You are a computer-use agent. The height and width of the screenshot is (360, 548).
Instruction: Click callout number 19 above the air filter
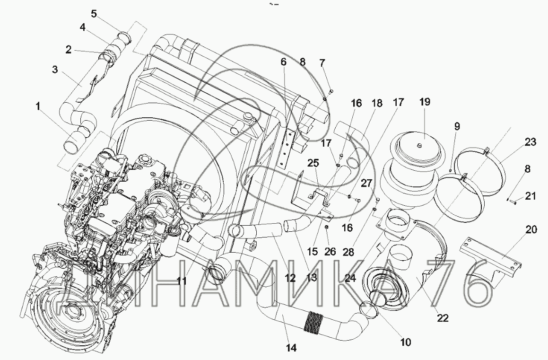coord(425,102)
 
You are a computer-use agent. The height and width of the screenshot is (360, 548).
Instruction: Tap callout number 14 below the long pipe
coord(291,348)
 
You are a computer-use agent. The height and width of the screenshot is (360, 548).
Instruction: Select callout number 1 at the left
coord(38,106)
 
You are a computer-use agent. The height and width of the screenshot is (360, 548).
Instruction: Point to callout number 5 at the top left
coord(94,14)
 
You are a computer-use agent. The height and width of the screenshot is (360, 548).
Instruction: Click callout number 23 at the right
coord(530,142)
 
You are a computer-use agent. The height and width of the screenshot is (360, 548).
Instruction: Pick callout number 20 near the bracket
coord(531,229)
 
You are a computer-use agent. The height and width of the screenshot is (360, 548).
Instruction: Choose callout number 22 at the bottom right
coord(443,318)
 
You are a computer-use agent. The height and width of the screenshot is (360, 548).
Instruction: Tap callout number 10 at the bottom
coord(405,342)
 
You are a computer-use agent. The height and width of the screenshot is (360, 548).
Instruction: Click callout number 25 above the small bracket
coord(313,163)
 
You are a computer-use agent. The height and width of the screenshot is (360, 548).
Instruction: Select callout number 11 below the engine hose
coord(182,281)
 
